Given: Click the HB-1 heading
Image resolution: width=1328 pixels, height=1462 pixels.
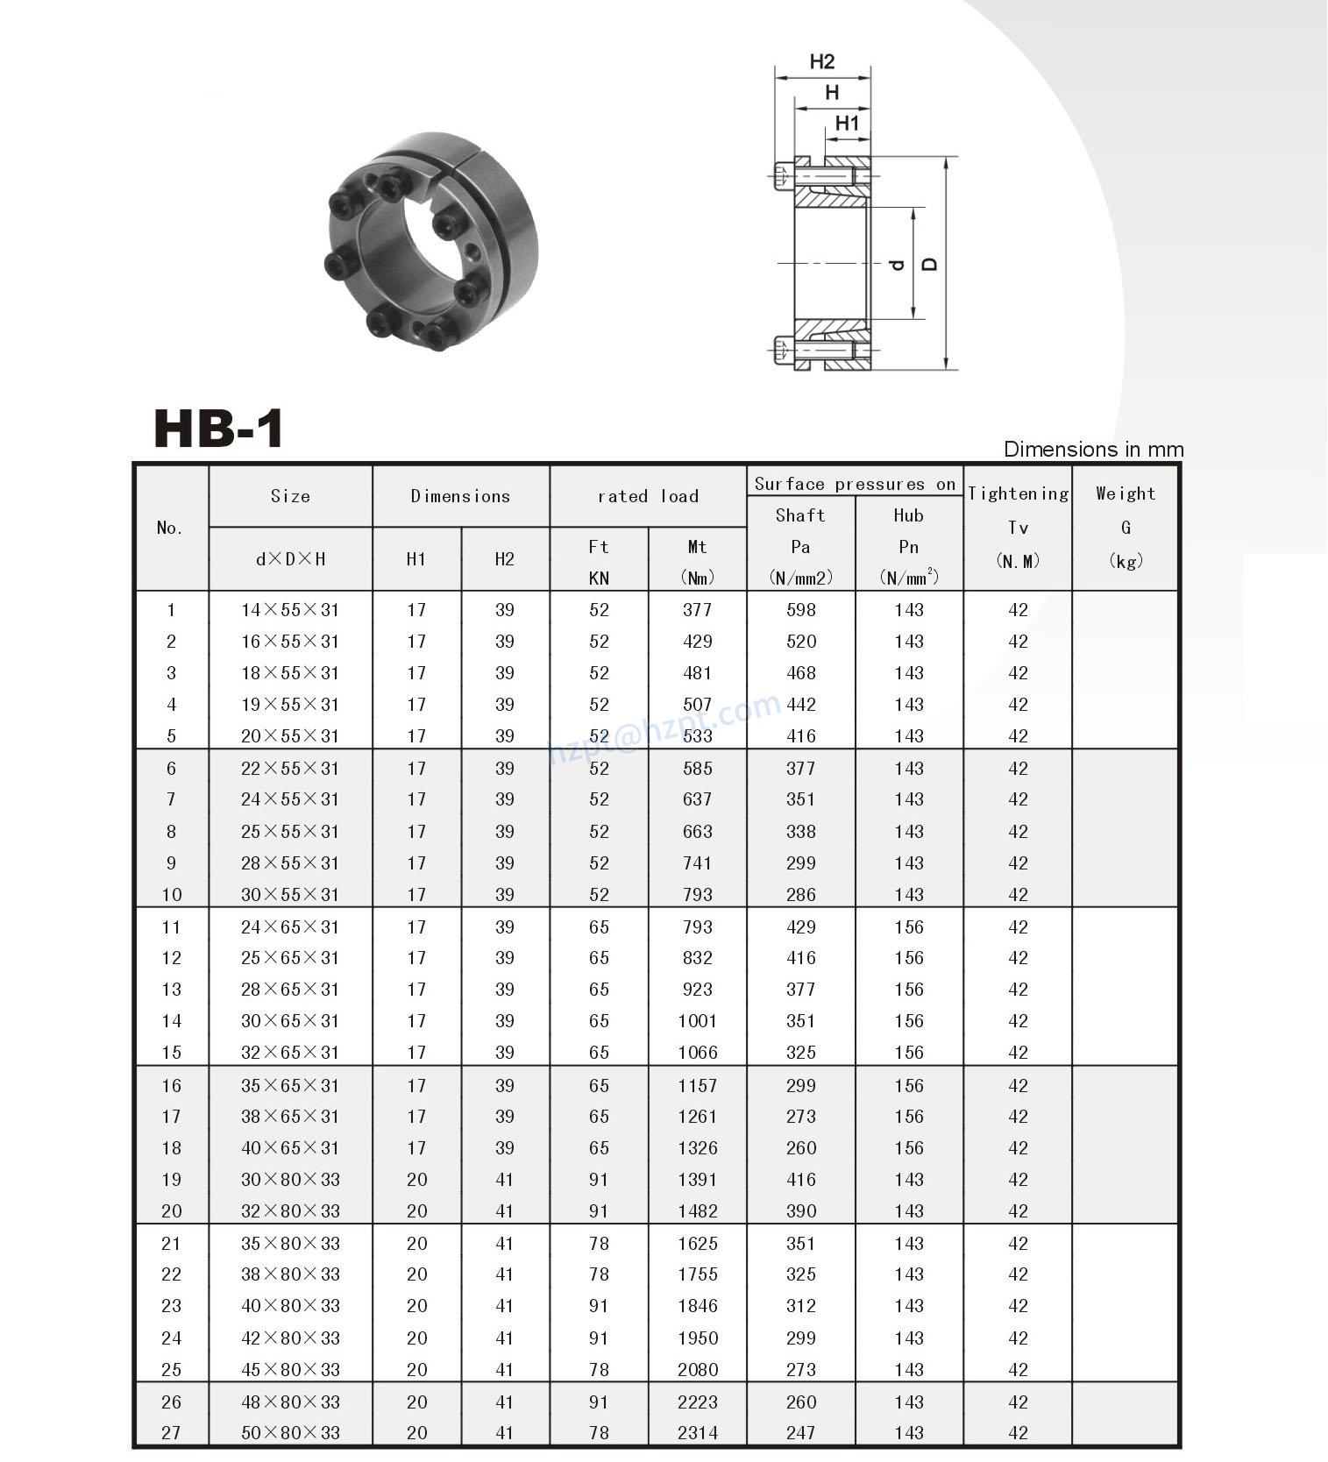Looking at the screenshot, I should [x=218, y=429].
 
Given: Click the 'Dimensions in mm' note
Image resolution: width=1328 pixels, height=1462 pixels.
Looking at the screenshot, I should [x=1093, y=450].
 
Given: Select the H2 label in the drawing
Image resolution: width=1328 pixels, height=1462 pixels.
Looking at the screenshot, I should [x=821, y=61].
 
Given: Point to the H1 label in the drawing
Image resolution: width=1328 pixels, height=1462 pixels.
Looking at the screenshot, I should [x=847, y=124].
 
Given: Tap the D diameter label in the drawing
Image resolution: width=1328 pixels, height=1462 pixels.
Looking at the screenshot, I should [x=930, y=263].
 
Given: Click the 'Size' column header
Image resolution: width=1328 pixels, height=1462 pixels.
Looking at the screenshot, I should [x=290, y=496].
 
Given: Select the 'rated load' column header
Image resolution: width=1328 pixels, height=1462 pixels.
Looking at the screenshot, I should [x=648, y=496].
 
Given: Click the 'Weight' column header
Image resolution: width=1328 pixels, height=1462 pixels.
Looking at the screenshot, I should [x=1126, y=493].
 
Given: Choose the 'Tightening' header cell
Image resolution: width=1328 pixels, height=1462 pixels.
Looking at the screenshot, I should [x=1018, y=493].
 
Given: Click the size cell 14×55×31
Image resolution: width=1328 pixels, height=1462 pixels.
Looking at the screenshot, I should [x=290, y=610].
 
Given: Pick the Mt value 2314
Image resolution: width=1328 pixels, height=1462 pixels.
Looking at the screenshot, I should [x=698, y=1432].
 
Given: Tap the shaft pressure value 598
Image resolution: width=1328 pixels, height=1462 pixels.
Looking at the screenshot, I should [x=801, y=610].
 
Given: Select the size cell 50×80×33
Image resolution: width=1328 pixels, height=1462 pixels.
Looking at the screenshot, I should [x=290, y=1432].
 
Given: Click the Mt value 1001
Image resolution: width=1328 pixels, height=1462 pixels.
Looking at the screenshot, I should [x=698, y=1020].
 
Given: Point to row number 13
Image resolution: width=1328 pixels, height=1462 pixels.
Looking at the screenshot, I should [x=171, y=990].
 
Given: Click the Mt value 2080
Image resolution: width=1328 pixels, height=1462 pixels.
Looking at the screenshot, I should [x=698, y=1369].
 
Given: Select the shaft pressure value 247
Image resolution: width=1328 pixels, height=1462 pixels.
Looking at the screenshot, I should [x=801, y=1432].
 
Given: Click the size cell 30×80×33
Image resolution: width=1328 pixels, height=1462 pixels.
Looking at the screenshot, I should [x=290, y=1180].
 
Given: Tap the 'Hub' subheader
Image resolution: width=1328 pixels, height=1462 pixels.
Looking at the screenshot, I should [x=909, y=515].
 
